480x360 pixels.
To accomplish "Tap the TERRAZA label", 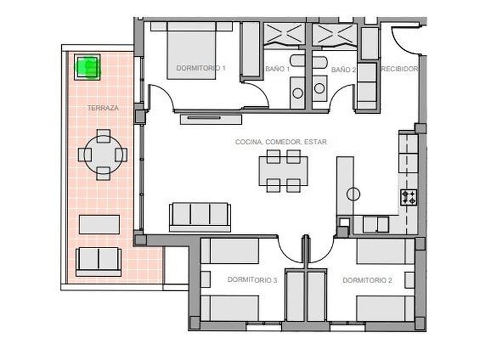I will coord(102,108).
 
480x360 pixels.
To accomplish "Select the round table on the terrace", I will coord(104,154).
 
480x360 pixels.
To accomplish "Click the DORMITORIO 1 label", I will coord(201,67).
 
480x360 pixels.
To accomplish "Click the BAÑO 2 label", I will coord(343,69).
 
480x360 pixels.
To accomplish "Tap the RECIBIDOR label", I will coord(399,69).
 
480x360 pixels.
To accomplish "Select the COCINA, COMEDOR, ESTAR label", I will coord(281,142).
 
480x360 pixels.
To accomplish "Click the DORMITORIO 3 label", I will coord(252,279).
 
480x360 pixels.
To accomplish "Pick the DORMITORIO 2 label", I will coord(367,280).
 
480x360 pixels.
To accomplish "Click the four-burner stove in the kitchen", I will coord(409,198).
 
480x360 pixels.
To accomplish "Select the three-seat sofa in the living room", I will coord(199,214).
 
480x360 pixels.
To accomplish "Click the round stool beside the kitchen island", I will coord(354,194).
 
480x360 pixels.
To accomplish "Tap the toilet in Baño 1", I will coord(298,92).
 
